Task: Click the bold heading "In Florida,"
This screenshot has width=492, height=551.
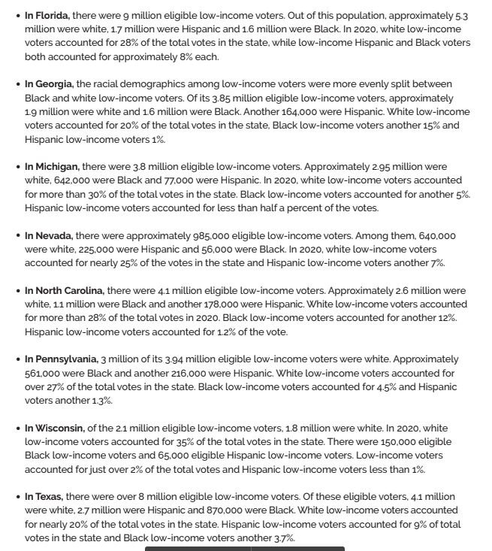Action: click(47, 15)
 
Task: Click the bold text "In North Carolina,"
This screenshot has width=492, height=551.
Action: click(65, 291)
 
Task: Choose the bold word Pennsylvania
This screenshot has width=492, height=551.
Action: click(67, 359)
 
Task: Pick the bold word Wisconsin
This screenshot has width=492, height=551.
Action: click(61, 428)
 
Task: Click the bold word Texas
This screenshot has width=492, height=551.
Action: click(50, 497)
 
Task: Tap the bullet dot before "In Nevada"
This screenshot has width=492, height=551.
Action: click(18, 236)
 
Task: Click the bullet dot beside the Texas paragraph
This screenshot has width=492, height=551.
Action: click(18, 497)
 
